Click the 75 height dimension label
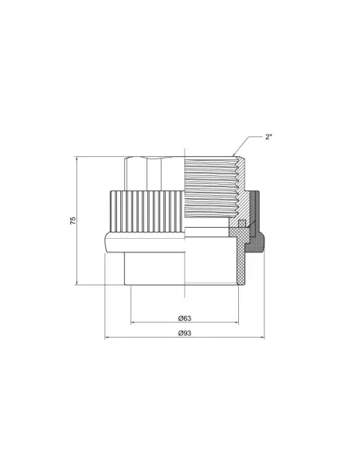(73, 221)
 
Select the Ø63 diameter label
(185, 318)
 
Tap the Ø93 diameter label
(185, 333)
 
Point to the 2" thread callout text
(268, 137)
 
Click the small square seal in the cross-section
(242, 223)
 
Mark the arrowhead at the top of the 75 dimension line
(76, 158)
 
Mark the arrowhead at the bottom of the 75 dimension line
(76, 283)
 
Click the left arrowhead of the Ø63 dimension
(133, 322)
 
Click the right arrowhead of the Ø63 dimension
(237, 322)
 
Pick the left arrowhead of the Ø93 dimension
(107, 338)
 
